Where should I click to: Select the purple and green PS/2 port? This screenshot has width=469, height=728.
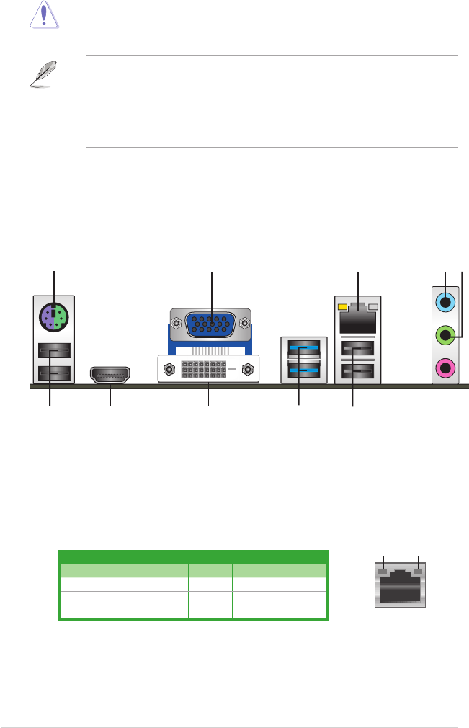(53, 314)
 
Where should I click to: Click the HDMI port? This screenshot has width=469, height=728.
(110, 374)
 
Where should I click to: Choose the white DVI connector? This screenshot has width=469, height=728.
(207, 370)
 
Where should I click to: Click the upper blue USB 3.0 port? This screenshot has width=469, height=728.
(303, 350)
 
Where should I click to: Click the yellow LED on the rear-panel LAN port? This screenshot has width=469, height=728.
(341, 308)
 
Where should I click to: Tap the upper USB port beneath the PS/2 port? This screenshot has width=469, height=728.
(53, 351)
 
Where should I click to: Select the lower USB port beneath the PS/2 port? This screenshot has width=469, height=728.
(53, 373)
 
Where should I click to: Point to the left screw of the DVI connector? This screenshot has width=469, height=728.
(167, 370)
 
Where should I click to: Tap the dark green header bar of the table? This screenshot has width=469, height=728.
(193, 556)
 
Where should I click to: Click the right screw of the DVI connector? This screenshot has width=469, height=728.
(249, 370)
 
